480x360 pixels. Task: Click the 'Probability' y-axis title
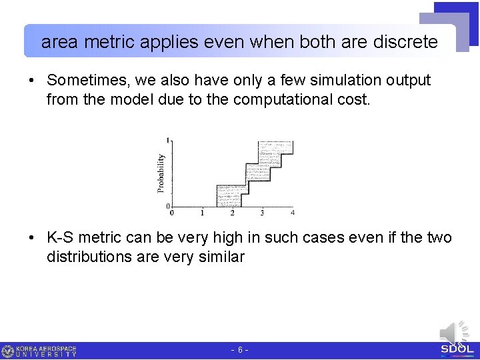pyautogui.click(x=161, y=173)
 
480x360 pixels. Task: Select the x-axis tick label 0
pyautogui.click(x=172, y=213)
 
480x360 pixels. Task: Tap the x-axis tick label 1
pyautogui.click(x=202, y=213)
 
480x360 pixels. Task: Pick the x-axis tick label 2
pyautogui.click(x=232, y=213)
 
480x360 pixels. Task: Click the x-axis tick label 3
pyautogui.click(x=262, y=213)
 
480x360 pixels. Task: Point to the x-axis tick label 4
pyautogui.click(x=293, y=213)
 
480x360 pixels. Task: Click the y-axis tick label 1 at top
pyautogui.click(x=168, y=140)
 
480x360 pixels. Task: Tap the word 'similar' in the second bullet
pyautogui.click(x=220, y=257)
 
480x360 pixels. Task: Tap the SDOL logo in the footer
pyautogui.click(x=457, y=349)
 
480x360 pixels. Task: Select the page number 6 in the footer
pyautogui.click(x=240, y=350)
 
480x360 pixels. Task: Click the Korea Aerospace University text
pyautogui.click(x=47, y=351)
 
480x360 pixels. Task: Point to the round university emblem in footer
pyautogui.click(x=8, y=351)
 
